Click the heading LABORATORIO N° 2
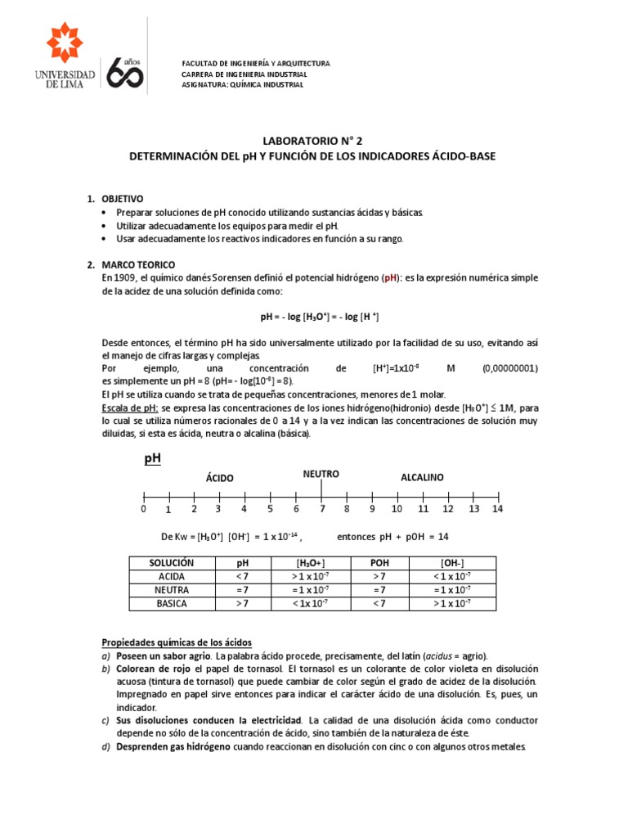tap(313, 141)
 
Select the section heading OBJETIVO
tap(122, 199)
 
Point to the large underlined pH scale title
tap(153, 459)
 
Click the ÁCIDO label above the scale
tap(219, 478)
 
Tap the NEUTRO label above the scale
tap(321, 475)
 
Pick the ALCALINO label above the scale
tap(422, 477)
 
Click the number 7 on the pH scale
tap(321, 509)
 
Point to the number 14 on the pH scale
tap(498, 509)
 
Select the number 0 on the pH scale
tap(143, 509)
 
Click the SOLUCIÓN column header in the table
tap(171, 564)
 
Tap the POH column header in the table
tap(380, 564)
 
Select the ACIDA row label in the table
tap(171, 577)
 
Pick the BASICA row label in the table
tap(171, 604)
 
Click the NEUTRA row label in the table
tap(171, 590)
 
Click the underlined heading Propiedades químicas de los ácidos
tap(177, 642)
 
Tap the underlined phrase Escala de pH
tap(130, 408)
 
